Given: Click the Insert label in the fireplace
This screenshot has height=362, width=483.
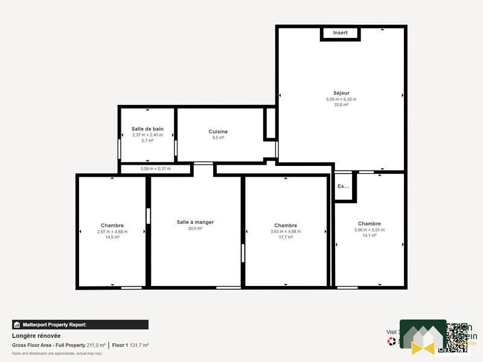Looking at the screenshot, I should coord(340,33).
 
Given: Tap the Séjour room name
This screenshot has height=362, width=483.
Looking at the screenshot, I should coord(341,93).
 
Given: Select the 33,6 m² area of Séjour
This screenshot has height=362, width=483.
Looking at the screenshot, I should coord(341,104).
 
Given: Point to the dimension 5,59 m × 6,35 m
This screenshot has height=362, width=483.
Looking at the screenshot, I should coord(341,99).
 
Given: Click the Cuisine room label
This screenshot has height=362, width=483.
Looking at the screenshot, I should coord(218,132).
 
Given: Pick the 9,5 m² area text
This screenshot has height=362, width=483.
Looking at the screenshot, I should coord(218,138).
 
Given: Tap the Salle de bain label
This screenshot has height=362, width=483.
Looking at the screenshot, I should coord(147,129).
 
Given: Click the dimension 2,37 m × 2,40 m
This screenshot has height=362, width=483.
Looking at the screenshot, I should coord(147,135).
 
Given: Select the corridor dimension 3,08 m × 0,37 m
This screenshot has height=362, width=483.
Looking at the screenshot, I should coord(155,169).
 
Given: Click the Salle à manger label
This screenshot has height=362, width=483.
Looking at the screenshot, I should coord(195,222).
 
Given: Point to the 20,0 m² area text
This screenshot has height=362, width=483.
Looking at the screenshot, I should coord(195,229).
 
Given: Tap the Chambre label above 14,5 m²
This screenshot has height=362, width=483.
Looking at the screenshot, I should coord(112,225).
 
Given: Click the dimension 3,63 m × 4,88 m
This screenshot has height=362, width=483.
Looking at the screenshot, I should coord(286,231).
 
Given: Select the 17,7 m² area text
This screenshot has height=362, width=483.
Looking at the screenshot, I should coord(286,237).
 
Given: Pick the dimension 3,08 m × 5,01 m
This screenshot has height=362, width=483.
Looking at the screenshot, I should coord(369,230).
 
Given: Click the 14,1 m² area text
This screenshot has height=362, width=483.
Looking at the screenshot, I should coord(369,235).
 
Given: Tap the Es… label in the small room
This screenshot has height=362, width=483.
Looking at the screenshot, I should coord(343,186).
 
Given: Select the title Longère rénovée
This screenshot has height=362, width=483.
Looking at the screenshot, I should coord(36,335).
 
